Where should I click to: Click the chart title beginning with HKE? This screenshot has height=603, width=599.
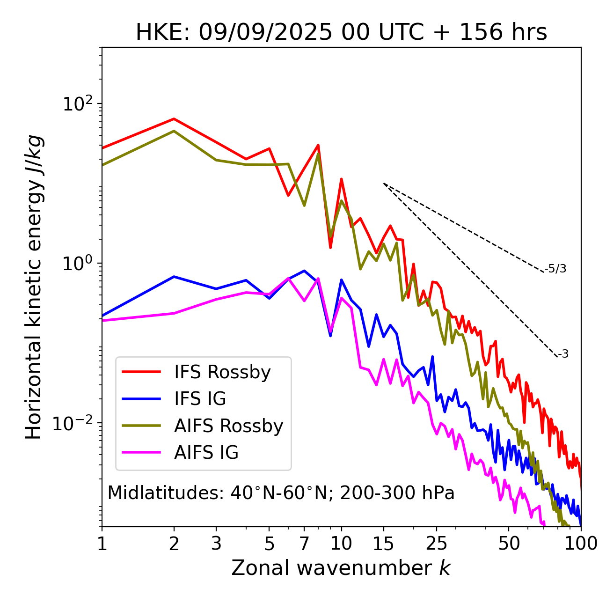point(341,33)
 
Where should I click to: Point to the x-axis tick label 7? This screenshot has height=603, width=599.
point(304,543)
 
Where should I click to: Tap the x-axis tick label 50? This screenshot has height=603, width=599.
point(509,543)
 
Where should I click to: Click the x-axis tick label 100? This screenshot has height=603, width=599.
point(581,543)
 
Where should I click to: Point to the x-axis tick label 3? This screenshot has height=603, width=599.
point(216,543)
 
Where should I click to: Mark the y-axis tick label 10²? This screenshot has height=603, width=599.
point(78,103)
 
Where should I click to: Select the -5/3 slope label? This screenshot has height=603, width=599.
point(555,269)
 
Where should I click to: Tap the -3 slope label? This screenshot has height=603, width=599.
point(563,354)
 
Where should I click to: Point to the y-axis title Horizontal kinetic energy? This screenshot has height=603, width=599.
point(34,287)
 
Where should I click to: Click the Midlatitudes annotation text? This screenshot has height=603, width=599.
point(281,493)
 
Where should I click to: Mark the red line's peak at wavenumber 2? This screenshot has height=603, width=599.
point(174,118)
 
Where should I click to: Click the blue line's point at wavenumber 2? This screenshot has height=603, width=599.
point(174,277)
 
